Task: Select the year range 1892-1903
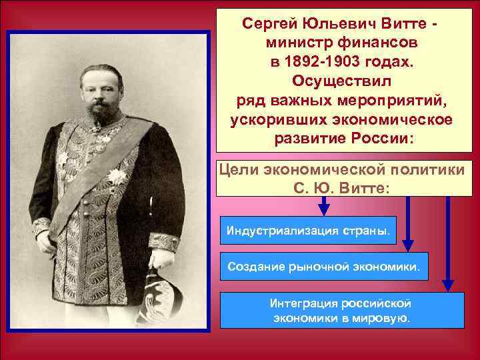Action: coord(327,63)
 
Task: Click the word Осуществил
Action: coord(343,83)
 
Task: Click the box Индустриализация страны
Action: coord(309,231)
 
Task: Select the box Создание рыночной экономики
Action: coord(324,267)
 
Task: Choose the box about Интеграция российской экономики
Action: coord(343,310)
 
